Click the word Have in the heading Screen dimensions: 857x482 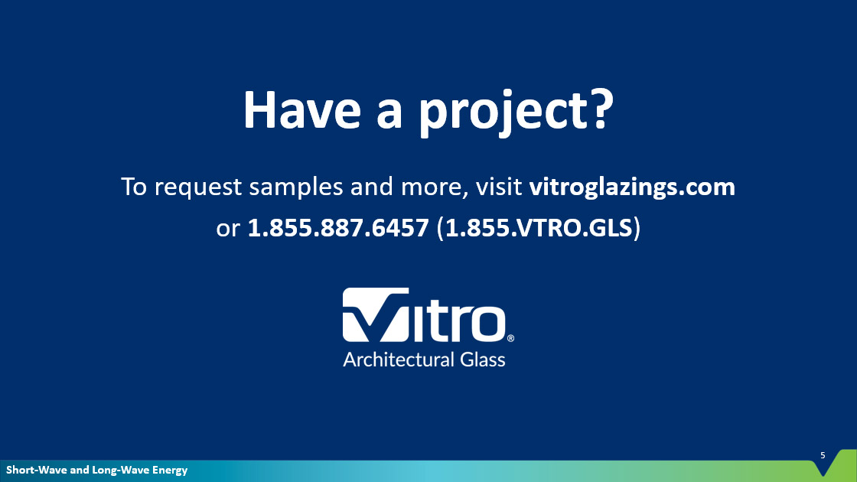pos(301,110)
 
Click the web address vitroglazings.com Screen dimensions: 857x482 pos(632,187)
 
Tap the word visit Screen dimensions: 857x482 pos(499,187)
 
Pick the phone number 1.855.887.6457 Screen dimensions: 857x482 pos(338,228)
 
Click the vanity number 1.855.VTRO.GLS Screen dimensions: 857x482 pos(539,228)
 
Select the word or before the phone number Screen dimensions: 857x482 pos(228,230)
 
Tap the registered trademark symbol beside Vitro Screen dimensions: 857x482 pos(510,338)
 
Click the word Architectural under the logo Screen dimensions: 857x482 pos(399,360)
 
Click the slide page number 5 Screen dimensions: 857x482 pos(823,455)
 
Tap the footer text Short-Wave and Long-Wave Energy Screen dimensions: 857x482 pos(96,470)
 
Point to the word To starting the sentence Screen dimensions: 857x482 pos(134,187)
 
